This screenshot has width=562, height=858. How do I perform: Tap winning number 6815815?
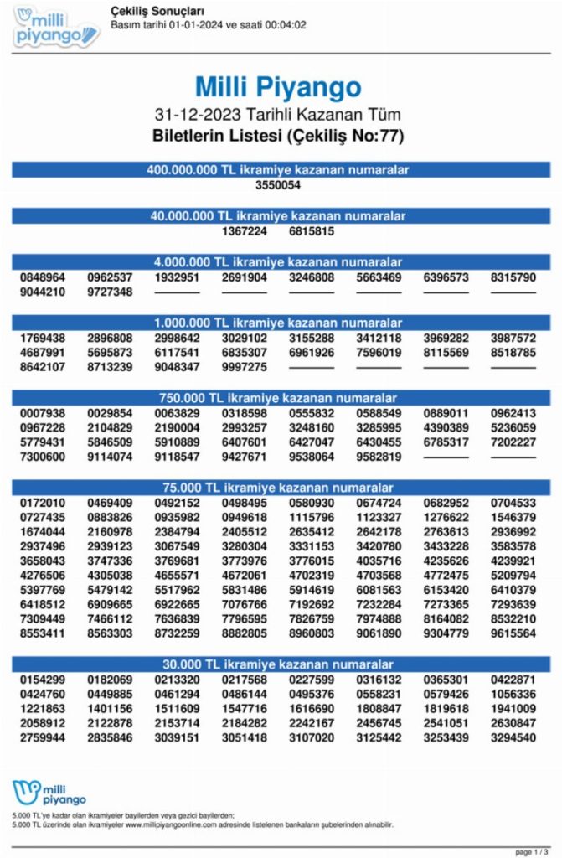312,231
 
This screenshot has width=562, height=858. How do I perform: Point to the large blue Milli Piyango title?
278,87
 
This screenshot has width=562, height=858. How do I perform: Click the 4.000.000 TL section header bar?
281,261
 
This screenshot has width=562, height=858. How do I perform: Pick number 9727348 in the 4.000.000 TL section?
110,292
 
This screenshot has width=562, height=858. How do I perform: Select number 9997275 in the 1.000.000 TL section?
245,367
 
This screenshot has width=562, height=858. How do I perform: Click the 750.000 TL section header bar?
281,397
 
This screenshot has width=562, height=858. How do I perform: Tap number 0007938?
43,413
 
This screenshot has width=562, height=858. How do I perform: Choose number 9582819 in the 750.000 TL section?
379,457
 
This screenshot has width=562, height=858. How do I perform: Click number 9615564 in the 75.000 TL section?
513,634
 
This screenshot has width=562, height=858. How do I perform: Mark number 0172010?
43,503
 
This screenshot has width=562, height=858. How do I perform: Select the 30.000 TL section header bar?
281,664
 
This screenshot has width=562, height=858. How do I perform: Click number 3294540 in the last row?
513,737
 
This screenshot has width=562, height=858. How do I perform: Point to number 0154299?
43,679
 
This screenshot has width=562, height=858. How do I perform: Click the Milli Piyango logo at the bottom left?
49,793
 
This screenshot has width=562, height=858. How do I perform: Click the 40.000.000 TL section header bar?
281,215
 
